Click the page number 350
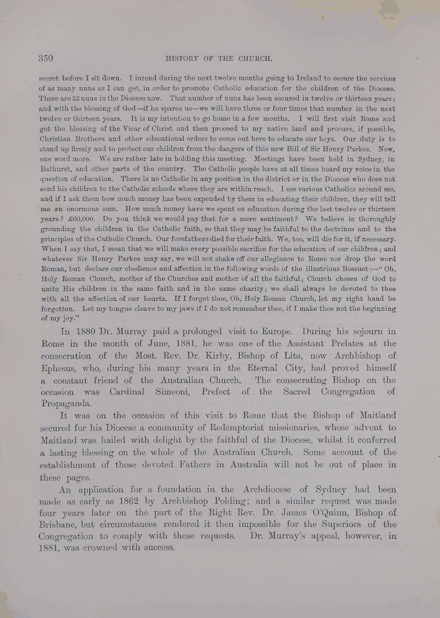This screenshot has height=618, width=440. click(x=45, y=58)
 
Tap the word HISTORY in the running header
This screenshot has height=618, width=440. click(x=182, y=59)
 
